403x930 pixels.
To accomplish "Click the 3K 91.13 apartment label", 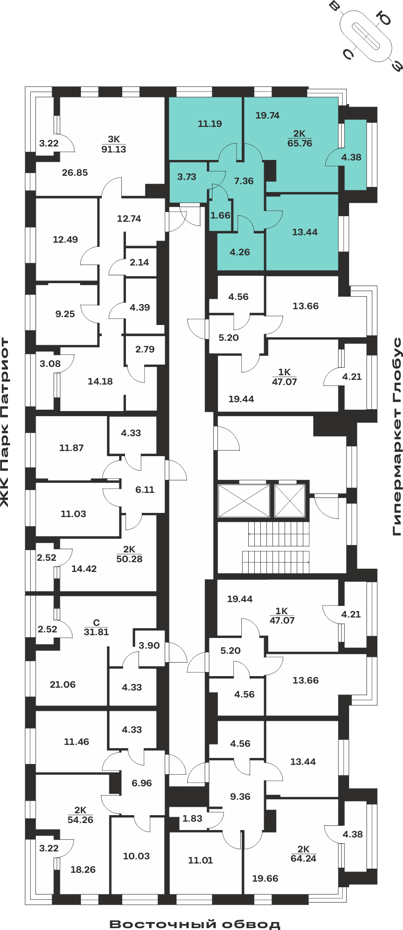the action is tap(114, 144).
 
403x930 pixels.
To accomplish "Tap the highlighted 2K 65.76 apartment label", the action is tap(300, 139).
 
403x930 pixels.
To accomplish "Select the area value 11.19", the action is tap(210, 124).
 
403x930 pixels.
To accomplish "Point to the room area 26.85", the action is tap(75, 173).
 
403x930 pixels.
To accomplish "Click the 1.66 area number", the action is tap(220, 215).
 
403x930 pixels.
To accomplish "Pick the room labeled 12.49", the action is tap(66, 239).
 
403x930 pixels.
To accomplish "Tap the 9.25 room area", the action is tap(65, 314).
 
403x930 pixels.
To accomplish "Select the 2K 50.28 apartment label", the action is tap(129, 554).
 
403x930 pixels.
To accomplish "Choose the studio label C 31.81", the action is tap(96, 627).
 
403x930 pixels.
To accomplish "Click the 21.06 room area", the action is tap(63, 684).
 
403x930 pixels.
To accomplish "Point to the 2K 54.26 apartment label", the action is tap(80, 815).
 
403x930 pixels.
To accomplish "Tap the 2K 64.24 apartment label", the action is tap(304, 854).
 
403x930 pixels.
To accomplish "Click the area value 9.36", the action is tap(240, 797).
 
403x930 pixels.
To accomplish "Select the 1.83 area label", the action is tap(192, 818).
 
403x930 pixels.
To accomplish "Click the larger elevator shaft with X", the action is tap(244, 501).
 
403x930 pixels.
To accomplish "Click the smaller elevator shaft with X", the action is tap(290, 501).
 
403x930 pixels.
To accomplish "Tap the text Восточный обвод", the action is tap(195, 924).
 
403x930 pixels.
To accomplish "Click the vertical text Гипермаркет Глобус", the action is tap(397, 437).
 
